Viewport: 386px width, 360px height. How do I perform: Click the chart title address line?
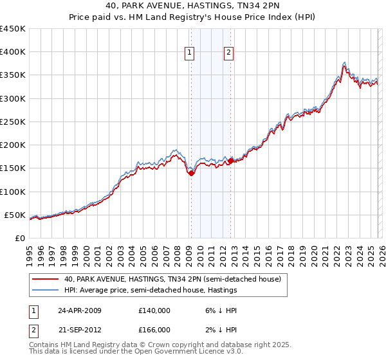[193, 6]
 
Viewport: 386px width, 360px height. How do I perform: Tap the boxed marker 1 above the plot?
[190, 53]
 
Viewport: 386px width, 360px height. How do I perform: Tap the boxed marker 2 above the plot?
[229, 53]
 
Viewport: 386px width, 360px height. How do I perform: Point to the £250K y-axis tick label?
[13, 122]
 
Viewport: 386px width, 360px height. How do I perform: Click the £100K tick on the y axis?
[13, 192]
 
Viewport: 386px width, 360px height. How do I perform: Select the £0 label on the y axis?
[19, 238]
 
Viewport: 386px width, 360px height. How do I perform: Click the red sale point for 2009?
[191, 173]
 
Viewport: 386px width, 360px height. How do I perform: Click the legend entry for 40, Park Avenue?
[172, 280]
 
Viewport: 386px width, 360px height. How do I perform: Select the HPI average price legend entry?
[151, 291]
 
